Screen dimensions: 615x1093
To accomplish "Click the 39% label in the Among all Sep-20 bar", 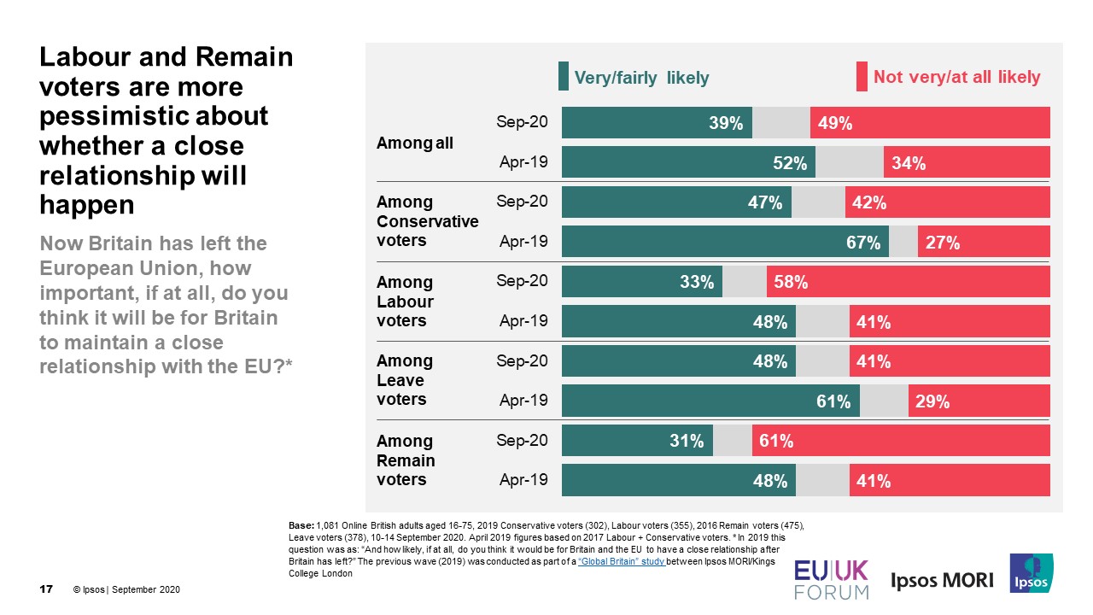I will click(x=725, y=123).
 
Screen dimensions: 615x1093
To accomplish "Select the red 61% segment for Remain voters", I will click(x=900, y=441).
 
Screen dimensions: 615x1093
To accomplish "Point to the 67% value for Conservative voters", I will click(x=862, y=243).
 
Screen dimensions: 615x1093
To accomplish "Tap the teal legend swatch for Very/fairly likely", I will click(x=564, y=77).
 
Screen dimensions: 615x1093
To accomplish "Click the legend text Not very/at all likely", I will click(x=956, y=78).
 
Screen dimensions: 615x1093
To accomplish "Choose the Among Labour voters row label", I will click(x=405, y=302).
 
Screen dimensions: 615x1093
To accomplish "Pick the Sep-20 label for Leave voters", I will click(x=522, y=361).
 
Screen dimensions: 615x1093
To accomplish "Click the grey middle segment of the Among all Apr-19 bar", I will click(x=849, y=163).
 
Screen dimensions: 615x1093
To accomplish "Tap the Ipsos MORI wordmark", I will click(x=942, y=581).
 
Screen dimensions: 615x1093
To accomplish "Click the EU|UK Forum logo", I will click(x=831, y=579).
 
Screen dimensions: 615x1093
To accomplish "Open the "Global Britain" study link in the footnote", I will click(x=621, y=562).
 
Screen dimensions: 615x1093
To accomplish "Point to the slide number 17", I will click(x=47, y=590).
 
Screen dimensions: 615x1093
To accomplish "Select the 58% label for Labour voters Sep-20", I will click(x=791, y=282).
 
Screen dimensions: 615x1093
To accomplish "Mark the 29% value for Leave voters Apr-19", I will click(x=932, y=401).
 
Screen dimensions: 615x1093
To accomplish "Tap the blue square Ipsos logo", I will click(x=1032, y=573).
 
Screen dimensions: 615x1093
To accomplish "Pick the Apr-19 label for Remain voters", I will click(x=523, y=480).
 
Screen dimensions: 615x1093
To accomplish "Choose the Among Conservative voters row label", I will click(x=427, y=221).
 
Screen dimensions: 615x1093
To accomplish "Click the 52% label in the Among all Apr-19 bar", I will click(x=790, y=163).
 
